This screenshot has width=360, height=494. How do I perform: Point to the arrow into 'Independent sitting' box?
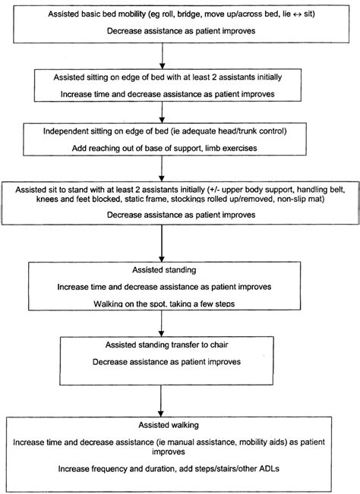(x=163, y=112)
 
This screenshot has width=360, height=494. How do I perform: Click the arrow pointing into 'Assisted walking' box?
(x=163, y=398)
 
